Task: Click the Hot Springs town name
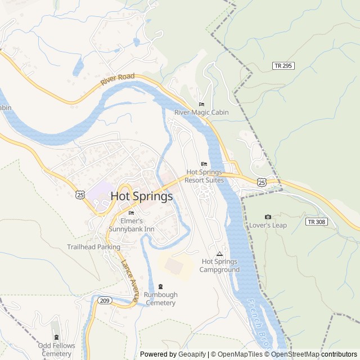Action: (x=142, y=196)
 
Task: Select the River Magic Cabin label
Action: (x=201, y=112)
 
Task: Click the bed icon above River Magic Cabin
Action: (x=201, y=104)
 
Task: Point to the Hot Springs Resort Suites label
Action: (x=205, y=176)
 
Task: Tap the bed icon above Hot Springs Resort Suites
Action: (x=204, y=164)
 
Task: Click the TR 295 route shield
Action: (x=283, y=66)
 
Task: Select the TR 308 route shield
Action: (x=316, y=222)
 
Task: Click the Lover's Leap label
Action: (x=268, y=225)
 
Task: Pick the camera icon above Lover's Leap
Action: (x=268, y=217)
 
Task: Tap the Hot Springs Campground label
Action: (x=219, y=265)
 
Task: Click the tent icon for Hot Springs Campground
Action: (x=219, y=254)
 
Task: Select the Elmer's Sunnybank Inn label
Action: (x=131, y=225)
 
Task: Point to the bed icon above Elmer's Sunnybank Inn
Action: (x=131, y=213)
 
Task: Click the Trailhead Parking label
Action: (x=93, y=247)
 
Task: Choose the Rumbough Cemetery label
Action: (x=161, y=299)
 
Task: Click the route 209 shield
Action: (x=105, y=301)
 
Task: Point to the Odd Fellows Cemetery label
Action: (x=56, y=349)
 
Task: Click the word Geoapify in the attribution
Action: (x=192, y=354)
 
